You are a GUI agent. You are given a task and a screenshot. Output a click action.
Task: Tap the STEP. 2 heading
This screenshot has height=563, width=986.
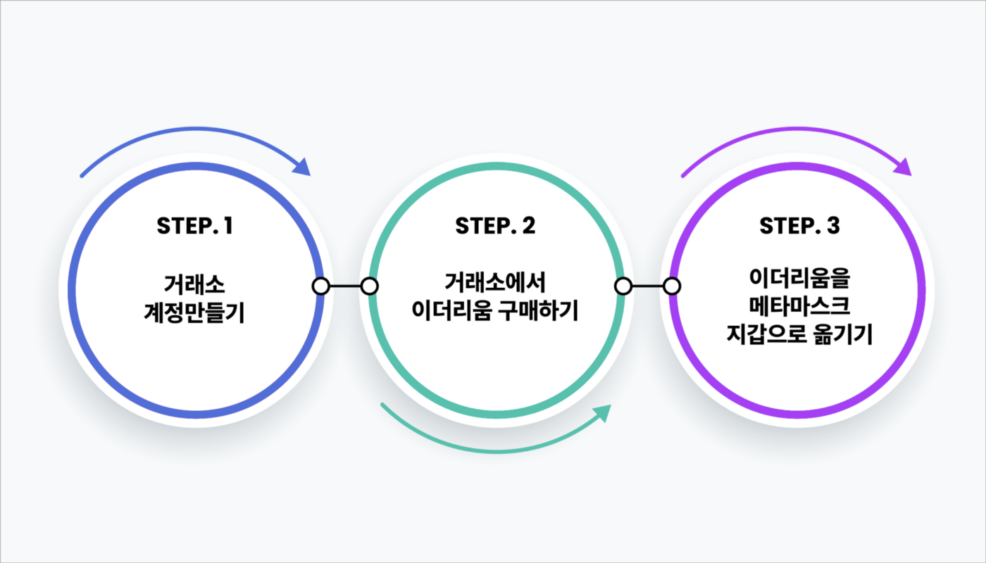[x=495, y=227]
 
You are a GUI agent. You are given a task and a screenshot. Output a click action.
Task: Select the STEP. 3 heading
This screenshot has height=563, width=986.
[x=799, y=227]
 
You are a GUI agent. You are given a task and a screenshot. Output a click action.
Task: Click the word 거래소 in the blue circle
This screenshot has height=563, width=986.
[x=194, y=285]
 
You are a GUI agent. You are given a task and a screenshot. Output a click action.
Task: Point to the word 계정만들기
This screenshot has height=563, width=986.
[x=194, y=312]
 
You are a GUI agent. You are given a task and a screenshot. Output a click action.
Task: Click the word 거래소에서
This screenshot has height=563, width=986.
[x=495, y=282]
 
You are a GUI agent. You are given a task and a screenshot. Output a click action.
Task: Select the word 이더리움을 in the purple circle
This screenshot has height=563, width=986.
[x=799, y=280]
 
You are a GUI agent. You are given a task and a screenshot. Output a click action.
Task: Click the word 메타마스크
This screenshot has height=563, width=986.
[x=799, y=308]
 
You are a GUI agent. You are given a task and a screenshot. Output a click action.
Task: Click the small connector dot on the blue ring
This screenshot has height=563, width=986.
[x=320, y=286]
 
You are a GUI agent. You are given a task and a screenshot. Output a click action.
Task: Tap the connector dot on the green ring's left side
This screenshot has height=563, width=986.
[x=370, y=286]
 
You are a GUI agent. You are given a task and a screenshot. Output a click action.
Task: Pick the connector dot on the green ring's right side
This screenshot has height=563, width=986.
[x=623, y=286]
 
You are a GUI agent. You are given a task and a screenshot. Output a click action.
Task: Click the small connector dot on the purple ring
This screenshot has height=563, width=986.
[x=673, y=286]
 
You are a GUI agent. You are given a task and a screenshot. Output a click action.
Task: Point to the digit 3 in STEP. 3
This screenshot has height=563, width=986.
[x=834, y=227]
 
